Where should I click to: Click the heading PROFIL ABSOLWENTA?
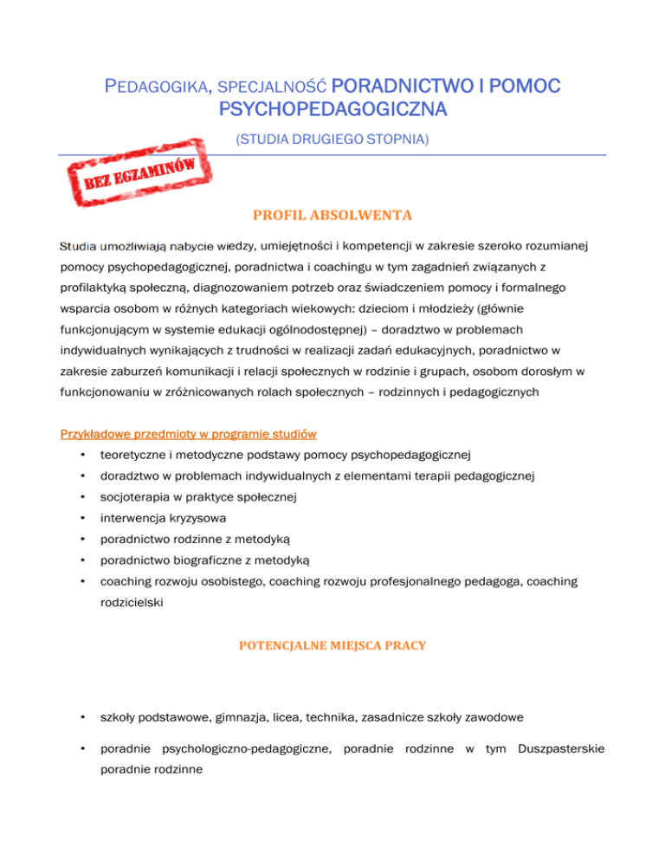(x=332, y=213)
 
